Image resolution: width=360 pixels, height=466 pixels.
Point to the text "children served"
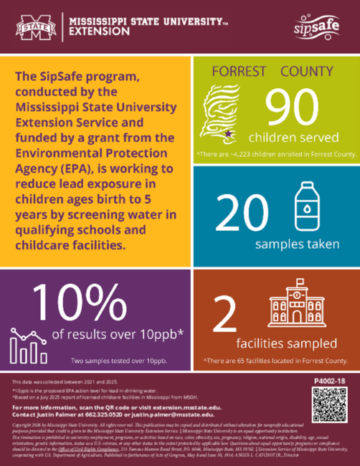[x=289, y=136]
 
